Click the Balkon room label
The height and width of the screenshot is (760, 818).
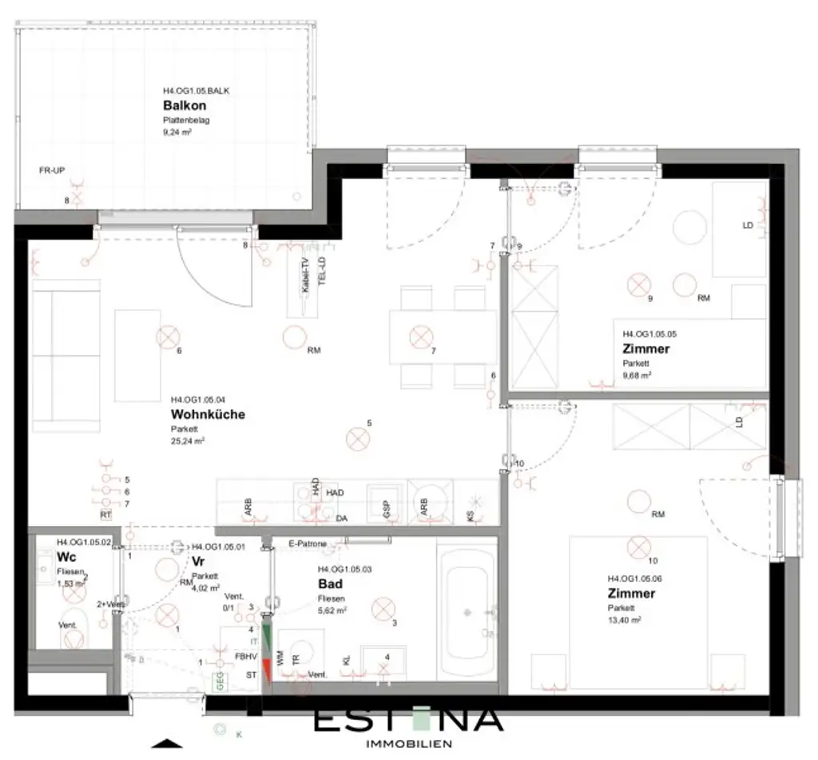point(185,105)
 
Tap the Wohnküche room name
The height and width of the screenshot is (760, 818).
point(208,414)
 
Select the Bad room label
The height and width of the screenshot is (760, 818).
point(330,583)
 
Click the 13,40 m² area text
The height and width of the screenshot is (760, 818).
point(624,619)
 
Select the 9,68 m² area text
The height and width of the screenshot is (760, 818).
point(637,374)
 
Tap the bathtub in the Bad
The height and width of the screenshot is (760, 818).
point(467,611)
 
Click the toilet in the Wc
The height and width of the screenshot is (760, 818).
point(73,640)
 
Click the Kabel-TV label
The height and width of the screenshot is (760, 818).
point(306,277)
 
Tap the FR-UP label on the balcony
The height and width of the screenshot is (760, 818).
point(52,170)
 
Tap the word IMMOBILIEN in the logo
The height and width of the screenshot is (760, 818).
point(407,743)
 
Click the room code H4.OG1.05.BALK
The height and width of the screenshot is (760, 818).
point(197,91)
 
